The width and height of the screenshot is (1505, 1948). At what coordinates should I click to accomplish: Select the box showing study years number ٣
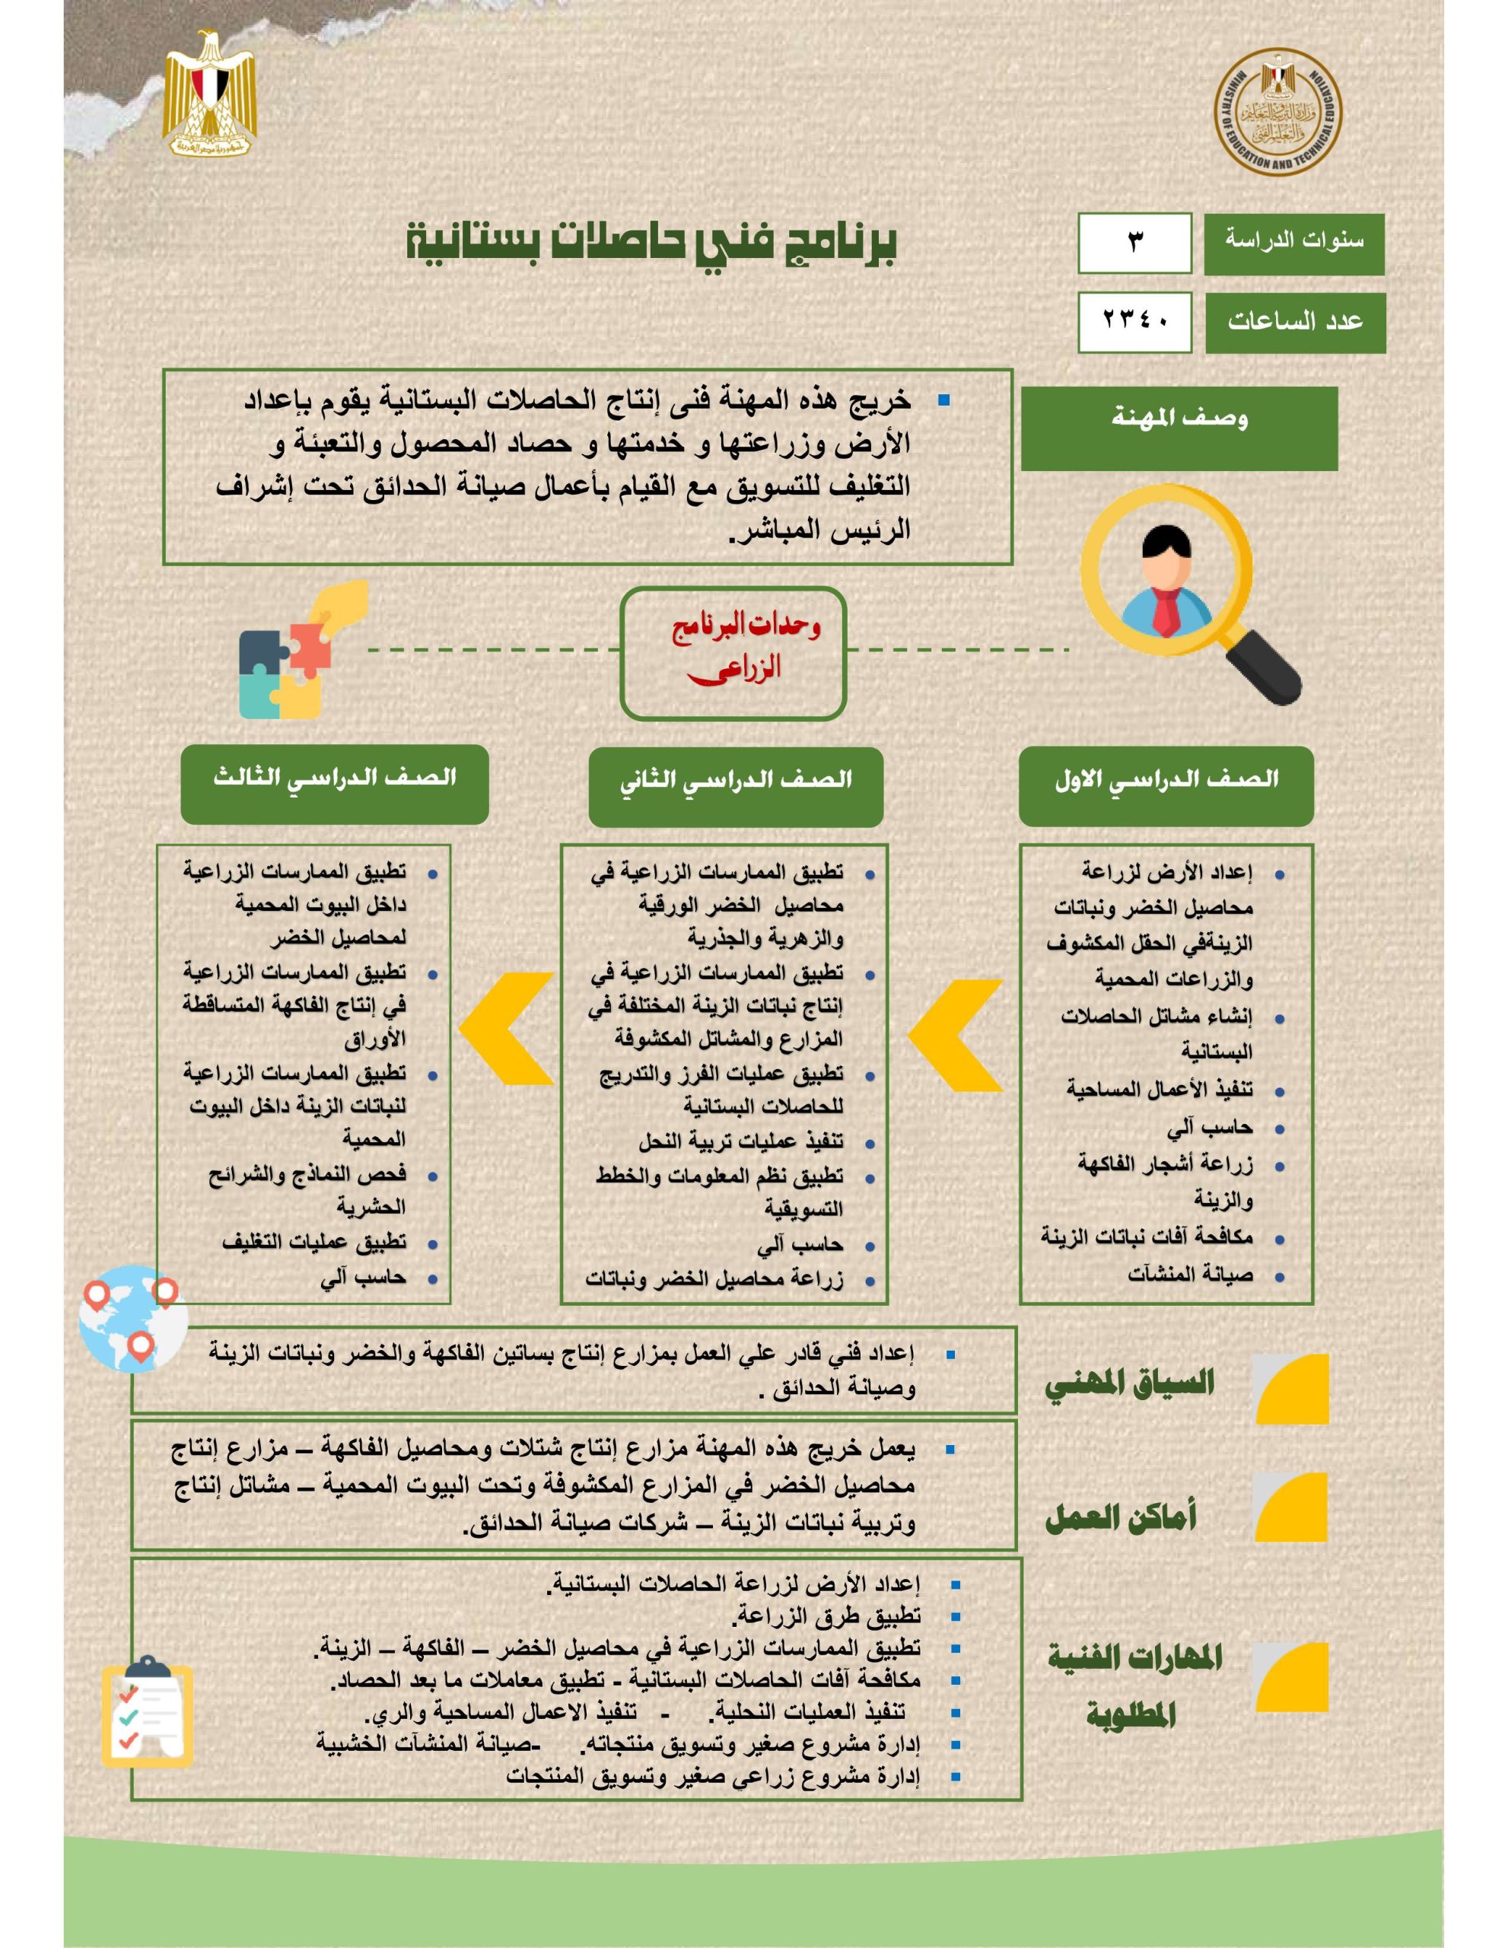tap(1134, 243)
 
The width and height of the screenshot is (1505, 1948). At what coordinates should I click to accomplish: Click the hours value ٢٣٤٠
tap(1134, 321)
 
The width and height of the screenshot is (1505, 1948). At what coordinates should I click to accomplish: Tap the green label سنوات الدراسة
tap(1293, 243)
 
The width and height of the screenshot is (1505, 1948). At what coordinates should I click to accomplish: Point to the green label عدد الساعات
tap(1294, 322)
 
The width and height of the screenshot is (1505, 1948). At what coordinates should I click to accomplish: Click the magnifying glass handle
tap(1263, 664)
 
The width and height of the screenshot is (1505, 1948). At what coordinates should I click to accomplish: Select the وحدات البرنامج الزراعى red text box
tap(733, 652)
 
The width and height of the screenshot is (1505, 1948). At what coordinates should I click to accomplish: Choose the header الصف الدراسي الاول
tap(1166, 785)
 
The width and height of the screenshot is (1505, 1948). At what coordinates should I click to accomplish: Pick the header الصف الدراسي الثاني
tap(735, 786)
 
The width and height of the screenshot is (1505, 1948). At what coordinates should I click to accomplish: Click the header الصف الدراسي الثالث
tap(335, 783)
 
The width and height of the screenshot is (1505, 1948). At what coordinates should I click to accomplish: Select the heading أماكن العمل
tap(1121, 1517)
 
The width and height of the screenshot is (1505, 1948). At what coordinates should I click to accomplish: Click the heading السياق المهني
tap(1129, 1385)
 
